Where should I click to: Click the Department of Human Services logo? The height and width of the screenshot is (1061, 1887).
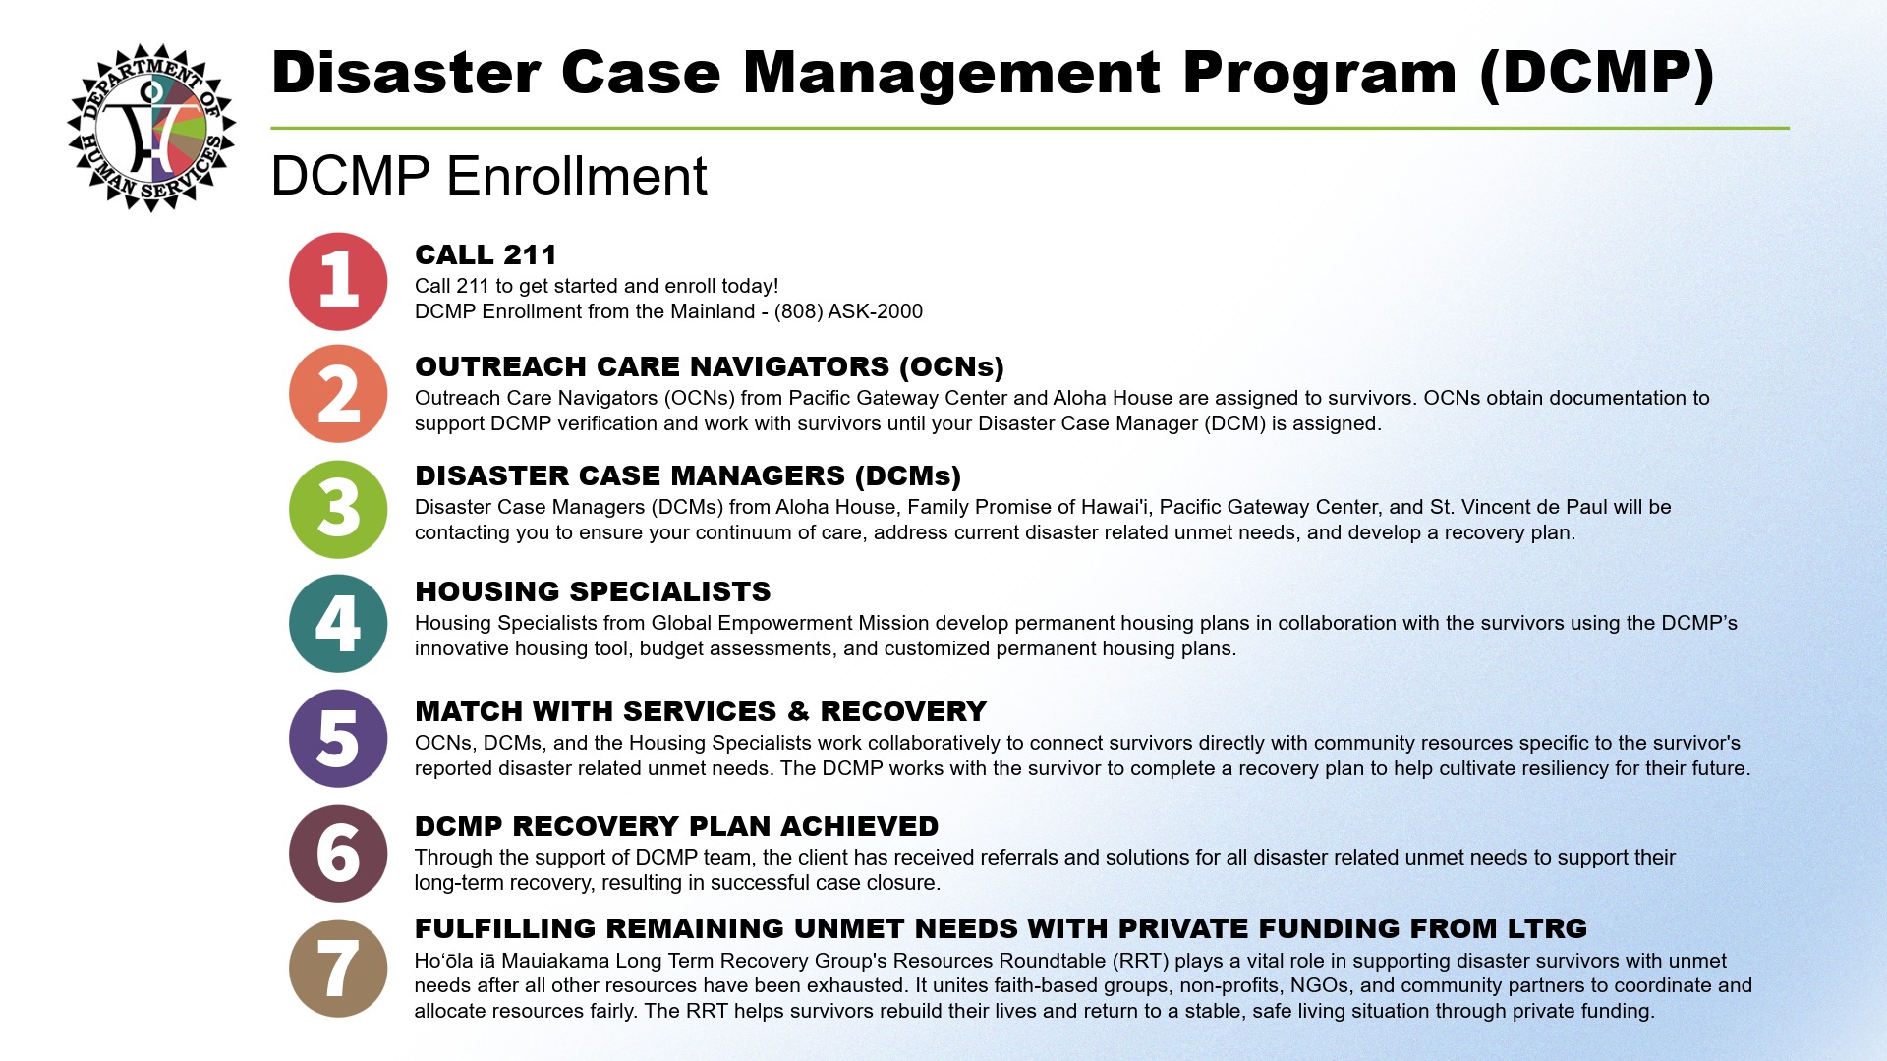point(151,127)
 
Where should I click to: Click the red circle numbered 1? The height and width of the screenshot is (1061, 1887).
point(338,282)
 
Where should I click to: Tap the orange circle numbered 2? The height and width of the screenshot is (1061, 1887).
point(338,394)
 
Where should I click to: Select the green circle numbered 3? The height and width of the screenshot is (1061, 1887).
point(338,509)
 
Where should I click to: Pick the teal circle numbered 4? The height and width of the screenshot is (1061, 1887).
point(338,624)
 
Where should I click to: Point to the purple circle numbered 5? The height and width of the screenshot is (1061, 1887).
point(338,739)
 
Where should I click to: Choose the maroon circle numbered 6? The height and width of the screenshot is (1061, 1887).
point(338,854)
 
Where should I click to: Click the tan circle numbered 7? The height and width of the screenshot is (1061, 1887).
point(338,969)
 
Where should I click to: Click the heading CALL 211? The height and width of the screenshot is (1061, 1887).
point(486,255)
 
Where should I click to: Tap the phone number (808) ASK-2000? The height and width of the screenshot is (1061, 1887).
point(848,311)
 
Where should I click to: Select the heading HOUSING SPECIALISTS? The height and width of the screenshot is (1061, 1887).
point(593,591)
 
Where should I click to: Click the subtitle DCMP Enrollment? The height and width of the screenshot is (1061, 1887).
point(488,176)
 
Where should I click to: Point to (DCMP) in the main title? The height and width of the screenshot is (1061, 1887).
point(1597,74)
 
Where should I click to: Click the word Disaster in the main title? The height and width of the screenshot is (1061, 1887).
point(406,73)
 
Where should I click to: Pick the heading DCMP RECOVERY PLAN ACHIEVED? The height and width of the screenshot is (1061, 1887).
point(676,826)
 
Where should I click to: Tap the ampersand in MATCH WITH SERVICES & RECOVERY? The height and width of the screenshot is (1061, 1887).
point(798,711)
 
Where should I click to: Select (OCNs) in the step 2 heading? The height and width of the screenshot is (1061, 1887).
point(951,366)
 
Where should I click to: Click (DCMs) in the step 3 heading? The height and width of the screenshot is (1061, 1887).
point(908,475)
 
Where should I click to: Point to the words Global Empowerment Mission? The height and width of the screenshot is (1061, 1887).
point(790,623)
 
